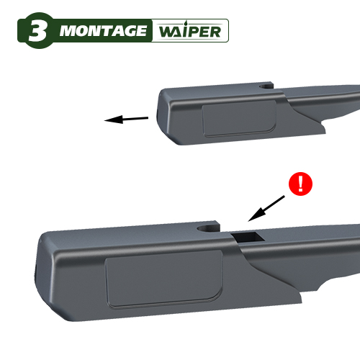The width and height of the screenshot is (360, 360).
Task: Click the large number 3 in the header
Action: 37,31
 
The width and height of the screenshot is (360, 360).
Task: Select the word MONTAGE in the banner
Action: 103,31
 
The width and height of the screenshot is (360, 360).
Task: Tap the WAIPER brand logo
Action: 189,31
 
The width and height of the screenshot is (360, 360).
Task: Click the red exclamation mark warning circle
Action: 300,184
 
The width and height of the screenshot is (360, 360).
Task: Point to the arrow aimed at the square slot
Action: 266,208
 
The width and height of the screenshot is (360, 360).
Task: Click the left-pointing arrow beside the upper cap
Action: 126,119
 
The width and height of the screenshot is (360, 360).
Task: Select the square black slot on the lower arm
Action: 248,237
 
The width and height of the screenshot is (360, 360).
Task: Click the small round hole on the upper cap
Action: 266,86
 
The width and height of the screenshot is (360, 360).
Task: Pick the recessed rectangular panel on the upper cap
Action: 240,118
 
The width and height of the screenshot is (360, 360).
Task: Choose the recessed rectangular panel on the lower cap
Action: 164,279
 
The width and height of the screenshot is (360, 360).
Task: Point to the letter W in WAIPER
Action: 168,32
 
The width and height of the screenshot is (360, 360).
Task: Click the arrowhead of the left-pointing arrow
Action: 113,120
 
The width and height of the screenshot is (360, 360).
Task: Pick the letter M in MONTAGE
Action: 68,31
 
